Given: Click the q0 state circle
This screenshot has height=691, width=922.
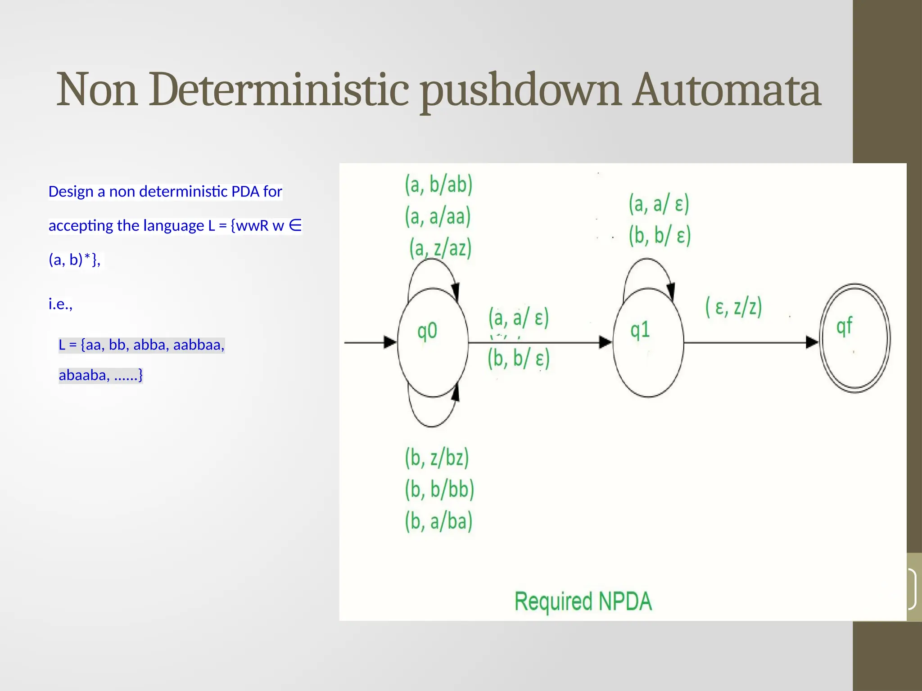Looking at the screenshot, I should click(x=432, y=342).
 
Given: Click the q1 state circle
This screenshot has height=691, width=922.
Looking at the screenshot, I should click(x=648, y=342).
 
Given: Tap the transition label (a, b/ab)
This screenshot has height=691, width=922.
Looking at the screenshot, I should click(x=438, y=185).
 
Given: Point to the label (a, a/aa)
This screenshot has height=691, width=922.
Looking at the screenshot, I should click(x=438, y=216).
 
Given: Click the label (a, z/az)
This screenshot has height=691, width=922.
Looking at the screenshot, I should click(x=440, y=248).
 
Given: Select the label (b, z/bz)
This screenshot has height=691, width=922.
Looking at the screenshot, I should click(x=437, y=458).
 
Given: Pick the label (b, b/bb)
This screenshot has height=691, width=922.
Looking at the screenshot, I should click(x=439, y=489).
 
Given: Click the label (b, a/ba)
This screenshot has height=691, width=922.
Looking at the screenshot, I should click(x=438, y=521).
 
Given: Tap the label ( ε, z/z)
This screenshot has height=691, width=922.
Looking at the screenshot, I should click(x=733, y=307).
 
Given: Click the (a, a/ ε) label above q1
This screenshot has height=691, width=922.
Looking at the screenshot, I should click(x=659, y=204).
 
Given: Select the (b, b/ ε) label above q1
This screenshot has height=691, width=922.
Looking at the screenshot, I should click(x=660, y=235).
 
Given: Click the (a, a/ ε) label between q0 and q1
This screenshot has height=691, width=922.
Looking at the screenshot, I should click(x=519, y=318).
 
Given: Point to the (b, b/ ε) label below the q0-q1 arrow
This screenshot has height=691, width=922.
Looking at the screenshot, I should click(x=519, y=359).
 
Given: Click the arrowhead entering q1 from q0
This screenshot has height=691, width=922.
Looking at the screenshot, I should click(x=605, y=342).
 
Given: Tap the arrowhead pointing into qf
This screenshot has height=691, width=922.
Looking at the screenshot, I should click(x=811, y=342).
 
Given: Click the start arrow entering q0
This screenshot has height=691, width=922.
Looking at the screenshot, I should click(x=369, y=342).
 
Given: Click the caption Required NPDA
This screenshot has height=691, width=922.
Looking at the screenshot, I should click(x=583, y=601).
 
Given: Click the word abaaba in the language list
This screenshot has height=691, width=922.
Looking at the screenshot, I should click(x=84, y=375).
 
